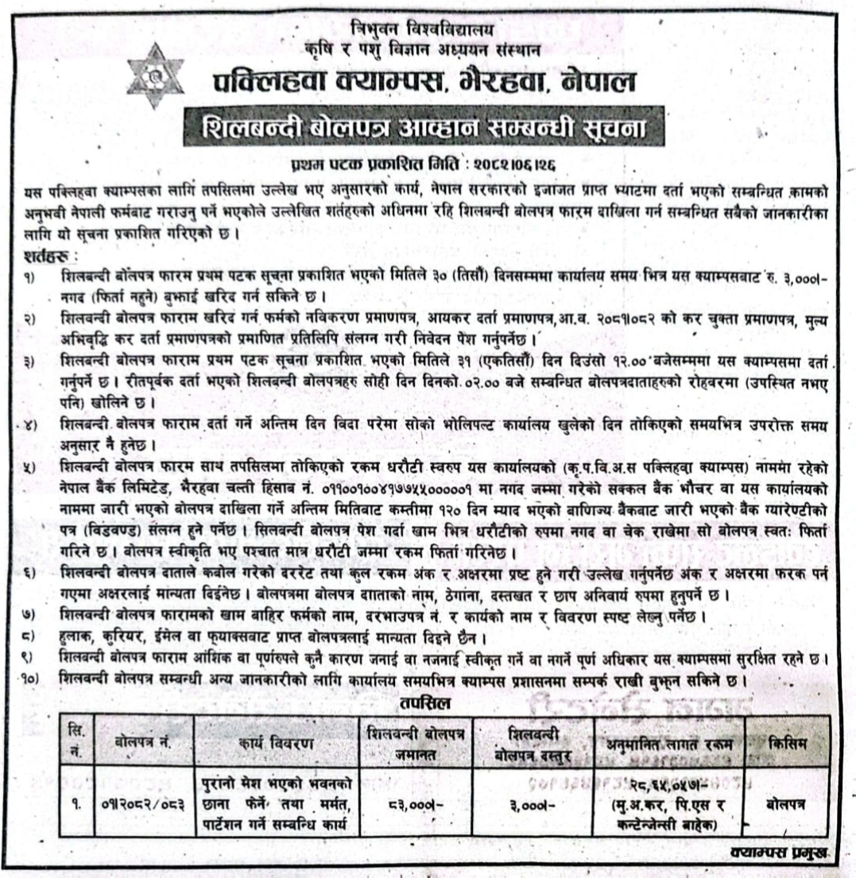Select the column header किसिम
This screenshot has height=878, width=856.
click(787, 742)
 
